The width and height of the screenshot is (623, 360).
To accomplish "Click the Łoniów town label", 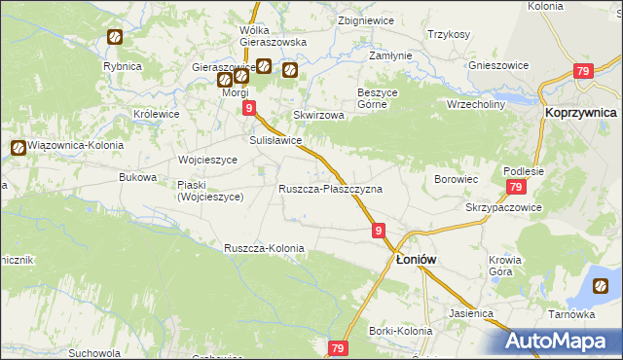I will [x=420, y=260].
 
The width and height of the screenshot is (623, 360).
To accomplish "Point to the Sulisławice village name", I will [x=275, y=141].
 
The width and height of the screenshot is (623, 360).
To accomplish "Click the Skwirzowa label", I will [x=325, y=115].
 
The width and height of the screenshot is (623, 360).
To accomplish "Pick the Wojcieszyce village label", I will [x=207, y=160].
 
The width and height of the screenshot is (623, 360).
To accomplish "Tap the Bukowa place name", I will [x=137, y=177].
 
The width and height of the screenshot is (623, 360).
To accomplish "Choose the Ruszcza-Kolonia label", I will [x=264, y=248].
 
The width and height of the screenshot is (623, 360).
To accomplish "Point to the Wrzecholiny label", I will [x=476, y=103].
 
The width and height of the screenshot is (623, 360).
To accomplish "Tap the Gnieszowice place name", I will [x=498, y=65].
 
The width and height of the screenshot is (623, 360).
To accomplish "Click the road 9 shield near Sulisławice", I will [x=250, y=108].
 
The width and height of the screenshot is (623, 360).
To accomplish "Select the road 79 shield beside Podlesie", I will [x=516, y=188].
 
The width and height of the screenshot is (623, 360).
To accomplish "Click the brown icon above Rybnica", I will [x=114, y=39].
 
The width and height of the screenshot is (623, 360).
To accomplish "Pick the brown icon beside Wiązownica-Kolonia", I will [x=18, y=148].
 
